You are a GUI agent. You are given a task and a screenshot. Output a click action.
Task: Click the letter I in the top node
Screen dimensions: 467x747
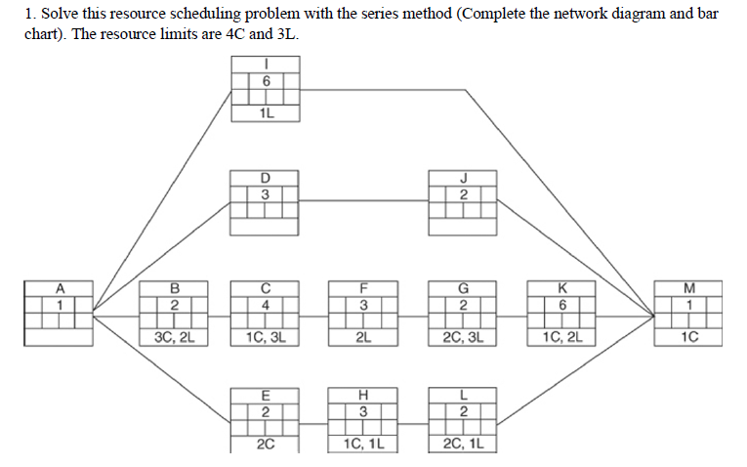[x=265, y=64]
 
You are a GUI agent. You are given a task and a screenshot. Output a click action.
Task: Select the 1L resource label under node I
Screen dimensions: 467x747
[x=265, y=112]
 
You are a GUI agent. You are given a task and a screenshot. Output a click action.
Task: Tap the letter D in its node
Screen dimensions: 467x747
[x=265, y=178]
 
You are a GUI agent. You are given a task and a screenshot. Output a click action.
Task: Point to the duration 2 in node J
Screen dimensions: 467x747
[x=464, y=193]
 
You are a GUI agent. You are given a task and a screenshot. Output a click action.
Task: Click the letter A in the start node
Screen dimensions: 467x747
[x=60, y=288]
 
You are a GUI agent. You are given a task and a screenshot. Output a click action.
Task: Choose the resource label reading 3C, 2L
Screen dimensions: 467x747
[x=174, y=338]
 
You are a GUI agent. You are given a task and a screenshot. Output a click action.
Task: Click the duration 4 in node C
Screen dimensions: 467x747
[x=265, y=305]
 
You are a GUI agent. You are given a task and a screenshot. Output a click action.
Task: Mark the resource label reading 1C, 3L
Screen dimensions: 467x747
[x=265, y=338]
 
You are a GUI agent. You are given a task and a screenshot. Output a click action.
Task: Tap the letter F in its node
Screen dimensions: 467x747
[x=363, y=288]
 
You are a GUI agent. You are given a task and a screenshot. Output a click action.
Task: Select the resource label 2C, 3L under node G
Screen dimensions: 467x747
[x=464, y=338]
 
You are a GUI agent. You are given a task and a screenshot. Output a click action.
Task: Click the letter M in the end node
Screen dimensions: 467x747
[x=689, y=288]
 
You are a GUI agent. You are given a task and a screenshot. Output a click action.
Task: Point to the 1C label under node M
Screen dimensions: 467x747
[x=689, y=338]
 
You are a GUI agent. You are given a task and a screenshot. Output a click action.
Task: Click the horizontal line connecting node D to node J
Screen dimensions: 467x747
[x=363, y=201]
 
